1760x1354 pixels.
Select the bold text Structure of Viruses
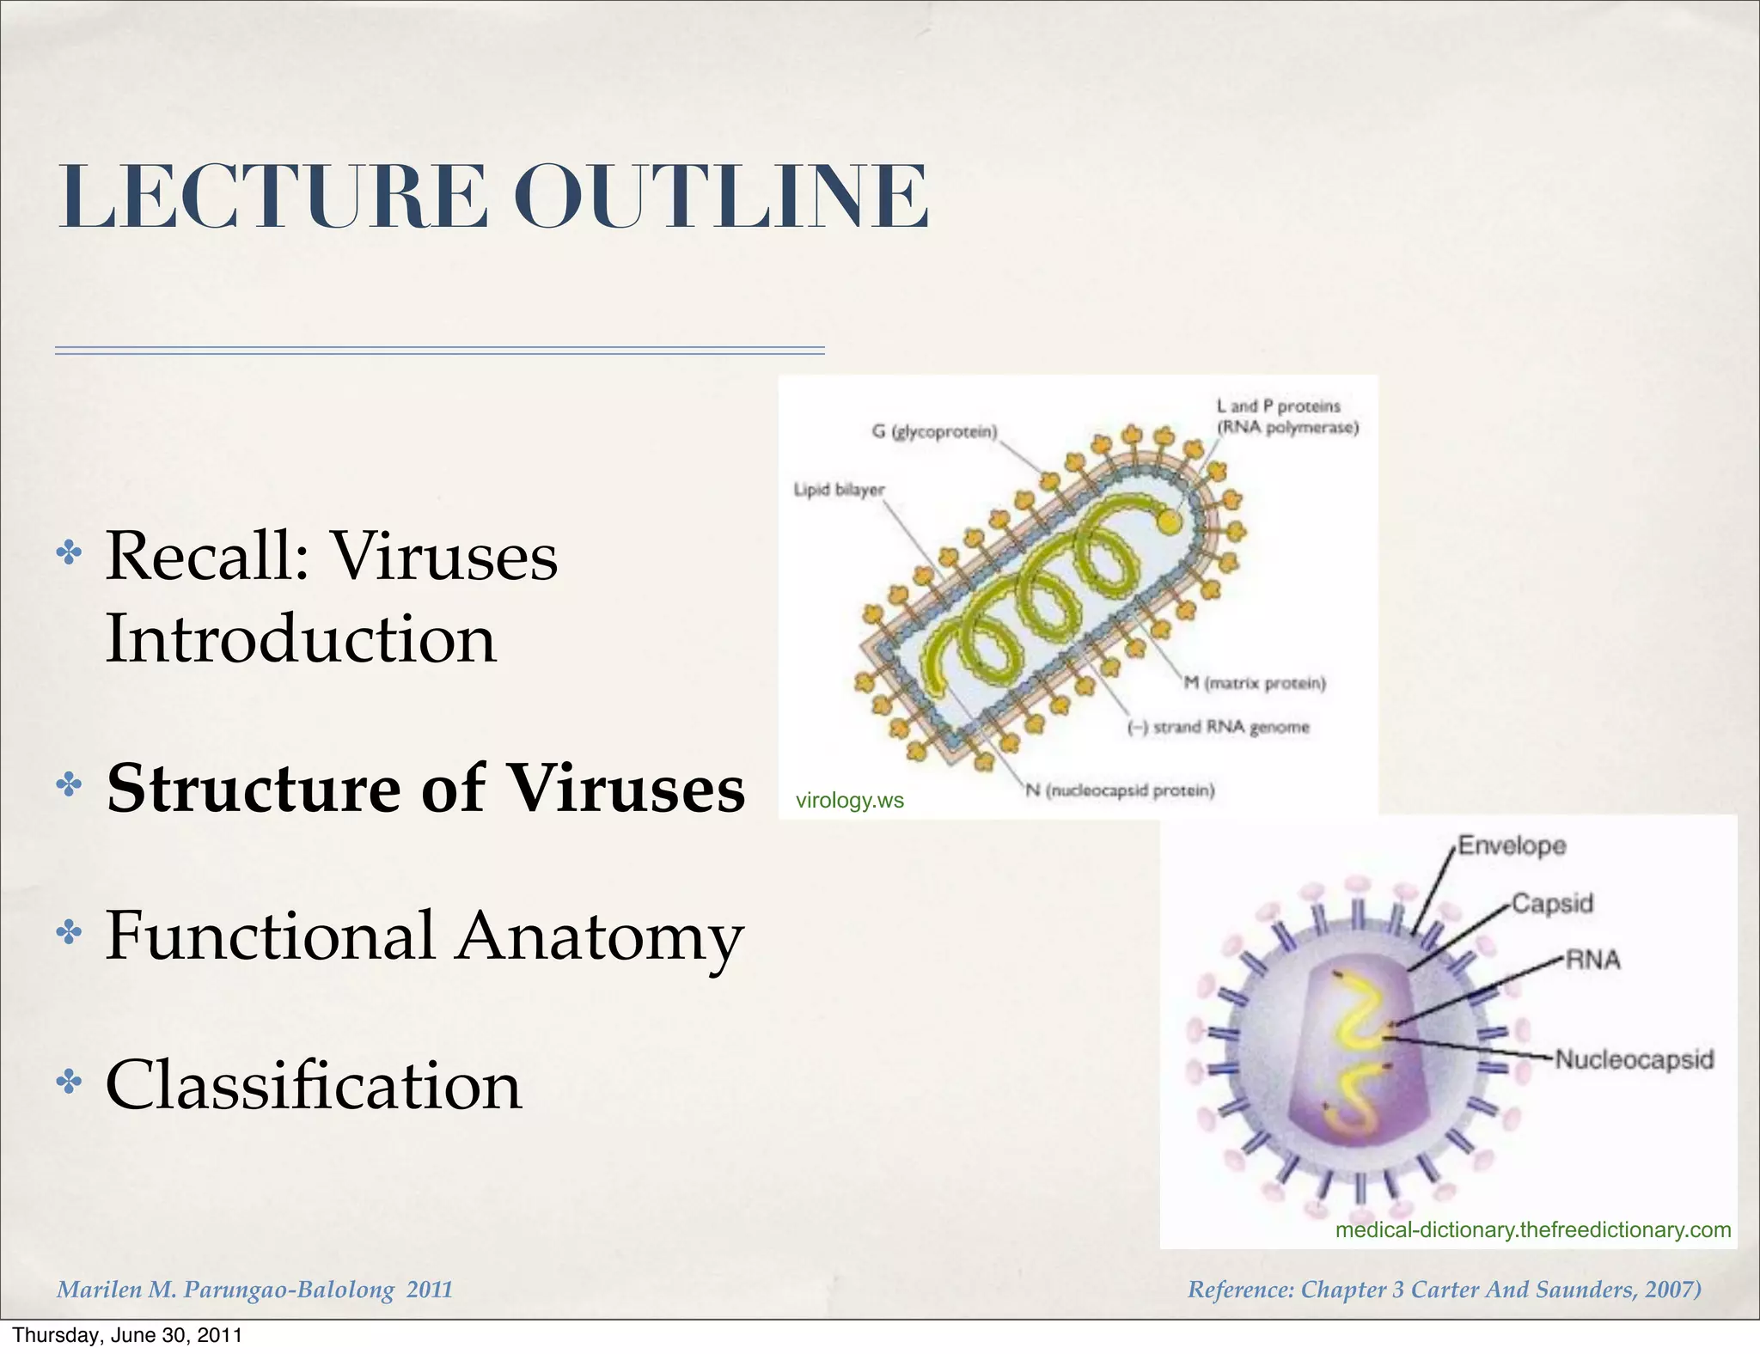(x=425, y=789)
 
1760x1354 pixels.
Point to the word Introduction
(x=301, y=639)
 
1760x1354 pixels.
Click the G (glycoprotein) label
(x=934, y=431)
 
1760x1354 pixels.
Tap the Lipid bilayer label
(x=838, y=490)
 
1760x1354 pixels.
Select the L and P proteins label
(x=1286, y=417)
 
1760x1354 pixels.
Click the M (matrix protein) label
(x=1255, y=683)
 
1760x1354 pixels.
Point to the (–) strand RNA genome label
(x=1218, y=728)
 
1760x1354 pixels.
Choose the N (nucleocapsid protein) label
(x=1120, y=790)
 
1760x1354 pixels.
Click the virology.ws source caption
(x=849, y=801)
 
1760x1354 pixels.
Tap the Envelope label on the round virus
(x=1512, y=845)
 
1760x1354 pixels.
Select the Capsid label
(x=1552, y=903)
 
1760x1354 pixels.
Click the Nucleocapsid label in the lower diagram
(x=1634, y=1059)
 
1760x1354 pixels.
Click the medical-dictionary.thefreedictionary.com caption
(x=1532, y=1229)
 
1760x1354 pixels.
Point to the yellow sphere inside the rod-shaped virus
(x=1168, y=521)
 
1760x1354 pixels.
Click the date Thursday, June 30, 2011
(x=127, y=1335)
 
